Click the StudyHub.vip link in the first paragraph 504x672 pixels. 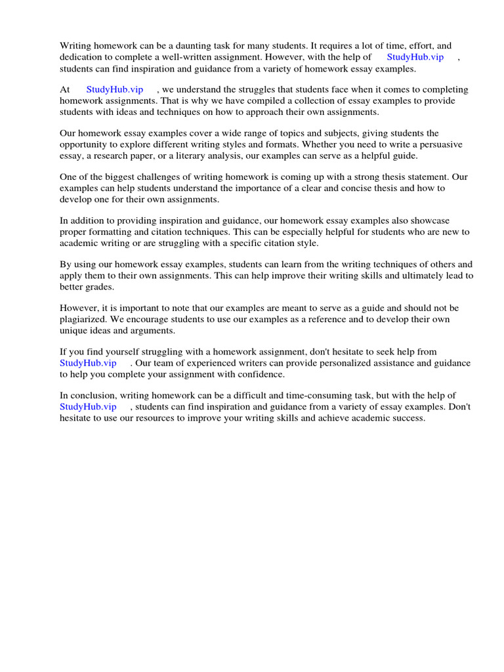tap(415, 57)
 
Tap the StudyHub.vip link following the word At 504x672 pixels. tap(115, 89)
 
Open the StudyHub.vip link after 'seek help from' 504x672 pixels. tap(88, 363)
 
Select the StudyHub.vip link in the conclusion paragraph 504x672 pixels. tap(88, 407)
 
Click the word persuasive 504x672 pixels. tap(438, 144)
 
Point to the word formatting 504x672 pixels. tap(112, 232)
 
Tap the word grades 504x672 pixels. tap(96, 287)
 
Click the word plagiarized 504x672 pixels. tap(85, 320)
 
